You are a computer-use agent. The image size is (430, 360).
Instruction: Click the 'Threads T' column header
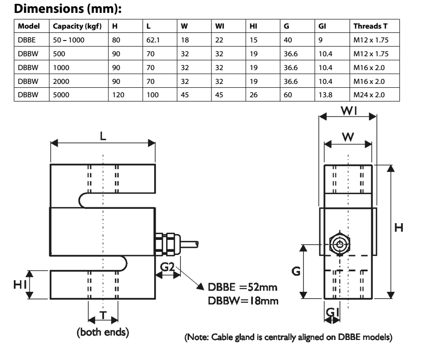coord(370,26)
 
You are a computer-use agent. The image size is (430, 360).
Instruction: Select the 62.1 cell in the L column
coord(153,40)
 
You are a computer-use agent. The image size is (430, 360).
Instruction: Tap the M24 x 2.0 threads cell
coord(369,95)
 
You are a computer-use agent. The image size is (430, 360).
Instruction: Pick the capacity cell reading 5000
coord(61,95)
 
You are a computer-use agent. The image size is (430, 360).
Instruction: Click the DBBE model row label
coord(27,40)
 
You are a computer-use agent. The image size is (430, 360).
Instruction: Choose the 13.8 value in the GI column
coord(325,95)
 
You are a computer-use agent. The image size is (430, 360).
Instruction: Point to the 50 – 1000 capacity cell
coord(69,40)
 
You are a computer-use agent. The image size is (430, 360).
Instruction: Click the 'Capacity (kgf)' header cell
coord(77,26)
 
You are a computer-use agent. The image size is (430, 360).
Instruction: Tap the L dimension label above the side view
coord(103,135)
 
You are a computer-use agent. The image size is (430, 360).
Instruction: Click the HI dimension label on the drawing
coord(20,285)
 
